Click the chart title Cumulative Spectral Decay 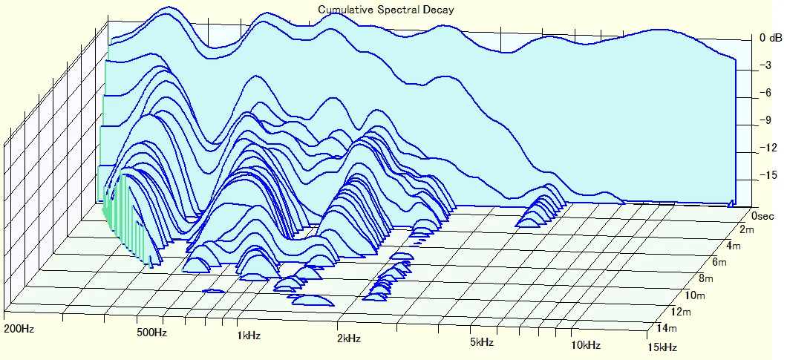(x=385, y=10)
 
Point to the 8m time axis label (x=705, y=279)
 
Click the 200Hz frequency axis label (x=19, y=328)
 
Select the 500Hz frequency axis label (x=151, y=332)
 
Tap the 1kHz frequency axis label (x=249, y=336)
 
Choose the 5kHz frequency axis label (x=482, y=342)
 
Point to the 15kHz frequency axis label (x=662, y=347)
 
